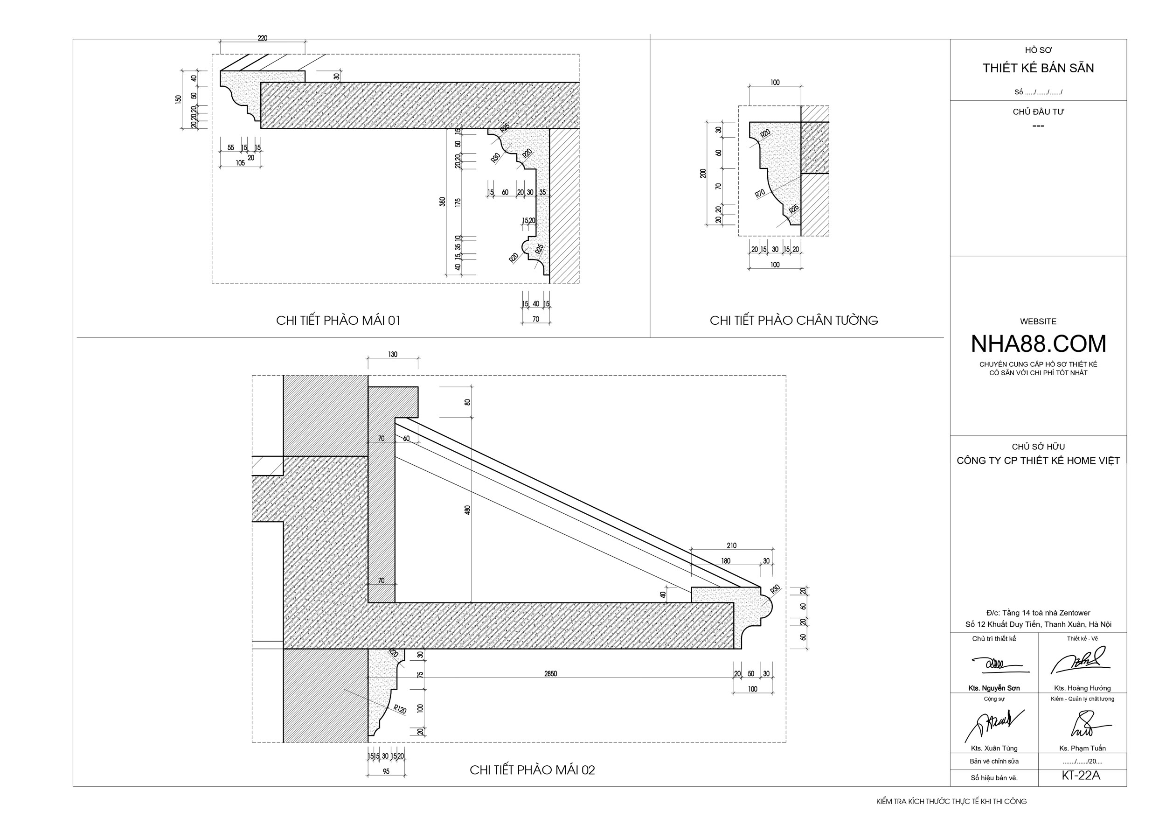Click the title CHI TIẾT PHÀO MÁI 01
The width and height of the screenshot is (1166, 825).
(x=338, y=321)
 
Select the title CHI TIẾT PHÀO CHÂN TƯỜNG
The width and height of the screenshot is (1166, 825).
(x=794, y=321)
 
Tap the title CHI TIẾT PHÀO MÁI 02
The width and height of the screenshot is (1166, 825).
(x=532, y=770)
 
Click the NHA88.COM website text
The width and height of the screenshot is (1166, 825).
(x=1038, y=344)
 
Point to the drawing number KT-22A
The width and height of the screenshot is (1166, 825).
(x=1081, y=776)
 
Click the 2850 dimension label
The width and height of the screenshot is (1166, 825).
(x=550, y=674)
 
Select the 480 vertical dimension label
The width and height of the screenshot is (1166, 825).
(x=467, y=510)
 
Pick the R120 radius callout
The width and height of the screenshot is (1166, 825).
(x=400, y=709)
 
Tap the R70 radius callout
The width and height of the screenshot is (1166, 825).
(x=760, y=194)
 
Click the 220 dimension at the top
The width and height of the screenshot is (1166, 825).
(x=262, y=38)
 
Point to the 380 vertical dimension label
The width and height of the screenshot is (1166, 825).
(x=442, y=202)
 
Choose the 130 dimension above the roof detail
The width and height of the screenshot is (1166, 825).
(x=393, y=355)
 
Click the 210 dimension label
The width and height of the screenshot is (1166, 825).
(x=731, y=545)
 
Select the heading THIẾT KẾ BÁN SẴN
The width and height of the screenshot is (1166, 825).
(x=1038, y=68)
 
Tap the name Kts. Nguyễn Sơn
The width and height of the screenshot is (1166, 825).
(x=994, y=688)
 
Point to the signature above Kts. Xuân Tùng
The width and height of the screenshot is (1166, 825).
(x=994, y=724)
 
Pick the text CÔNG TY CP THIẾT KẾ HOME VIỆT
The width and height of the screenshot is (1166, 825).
(x=1038, y=461)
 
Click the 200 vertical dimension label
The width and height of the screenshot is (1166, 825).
(x=703, y=173)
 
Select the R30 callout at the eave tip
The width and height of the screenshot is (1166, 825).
(x=775, y=590)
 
